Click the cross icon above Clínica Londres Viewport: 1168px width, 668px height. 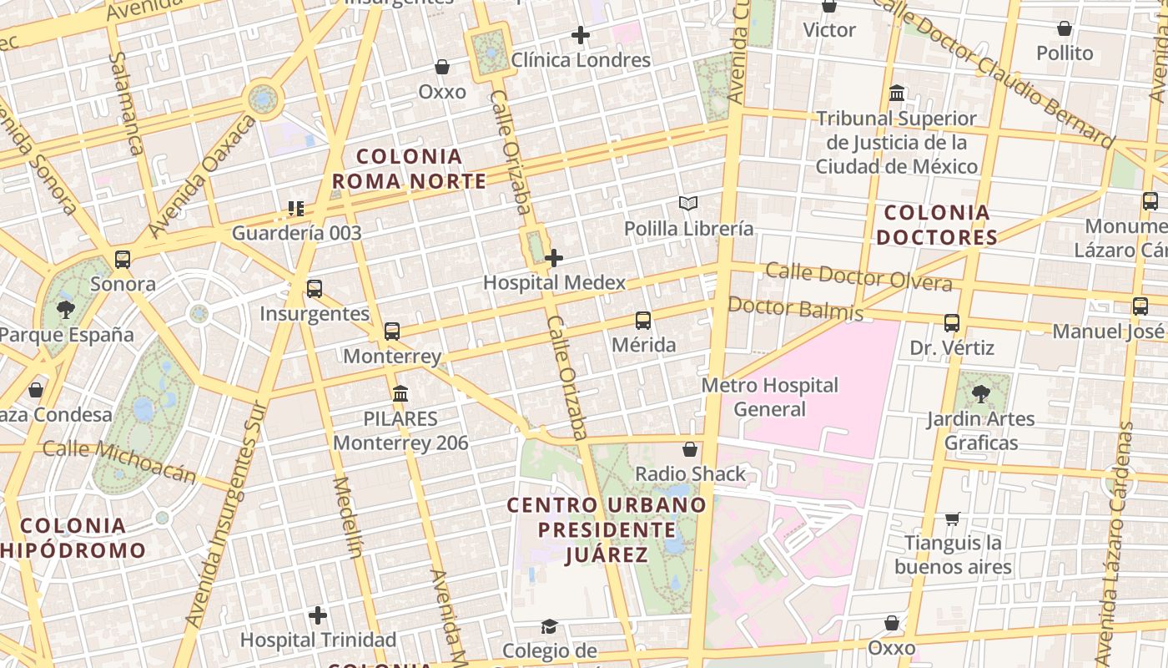[x=581, y=35]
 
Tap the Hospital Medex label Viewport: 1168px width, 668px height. [x=554, y=283]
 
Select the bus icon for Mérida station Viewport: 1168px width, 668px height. [x=642, y=321]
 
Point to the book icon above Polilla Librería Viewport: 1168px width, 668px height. [x=688, y=204]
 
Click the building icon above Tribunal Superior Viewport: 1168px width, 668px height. [x=897, y=93]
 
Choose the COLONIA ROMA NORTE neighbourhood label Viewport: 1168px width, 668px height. [x=409, y=169]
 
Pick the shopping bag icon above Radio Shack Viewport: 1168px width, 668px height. [x=690, y=450]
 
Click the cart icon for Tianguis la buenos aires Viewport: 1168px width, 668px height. [x=953, y=519]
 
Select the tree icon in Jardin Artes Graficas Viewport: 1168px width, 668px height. [x=981, y=394]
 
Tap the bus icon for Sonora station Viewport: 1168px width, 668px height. [x=123, y=260]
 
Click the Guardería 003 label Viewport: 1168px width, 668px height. [x=296, y=233]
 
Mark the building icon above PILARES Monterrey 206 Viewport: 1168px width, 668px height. [x=400, y=393]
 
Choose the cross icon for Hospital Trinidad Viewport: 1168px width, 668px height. [x=318, y=616]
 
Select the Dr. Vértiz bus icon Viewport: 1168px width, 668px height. [x=952, y=323]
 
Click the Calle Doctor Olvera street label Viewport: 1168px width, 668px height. [x=858, y=276]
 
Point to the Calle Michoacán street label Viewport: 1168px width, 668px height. [x=119, y=461]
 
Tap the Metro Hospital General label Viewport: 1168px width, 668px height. [x=769, y=397]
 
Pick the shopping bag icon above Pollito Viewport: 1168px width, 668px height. [x=1065, y=29]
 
